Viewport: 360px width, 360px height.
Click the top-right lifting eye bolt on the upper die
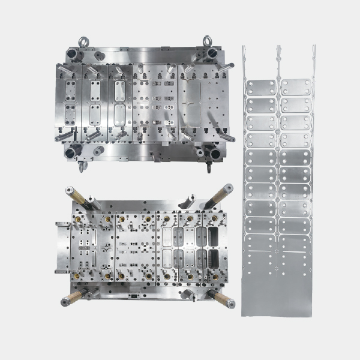point(208,41)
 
